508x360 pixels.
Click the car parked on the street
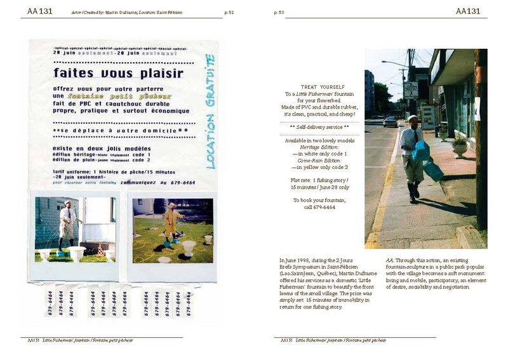tap(391, 121)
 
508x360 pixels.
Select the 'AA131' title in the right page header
tap(471, 11)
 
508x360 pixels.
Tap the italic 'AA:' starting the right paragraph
tap(390, 261)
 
